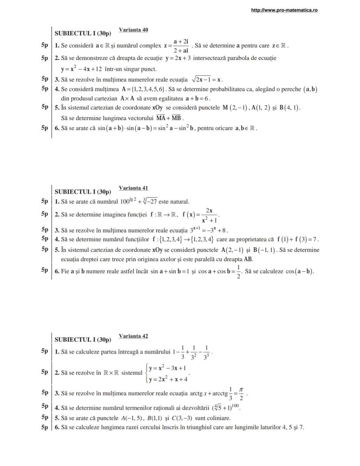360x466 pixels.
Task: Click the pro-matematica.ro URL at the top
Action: point(284,10)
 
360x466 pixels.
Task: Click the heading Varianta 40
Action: point(133,30)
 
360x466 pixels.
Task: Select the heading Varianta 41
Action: point(133,188)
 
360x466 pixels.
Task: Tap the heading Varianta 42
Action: point(133,336)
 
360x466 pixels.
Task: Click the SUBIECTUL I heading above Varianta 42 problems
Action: point(83,339)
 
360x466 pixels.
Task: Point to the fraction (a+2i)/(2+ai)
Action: point(180,45)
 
